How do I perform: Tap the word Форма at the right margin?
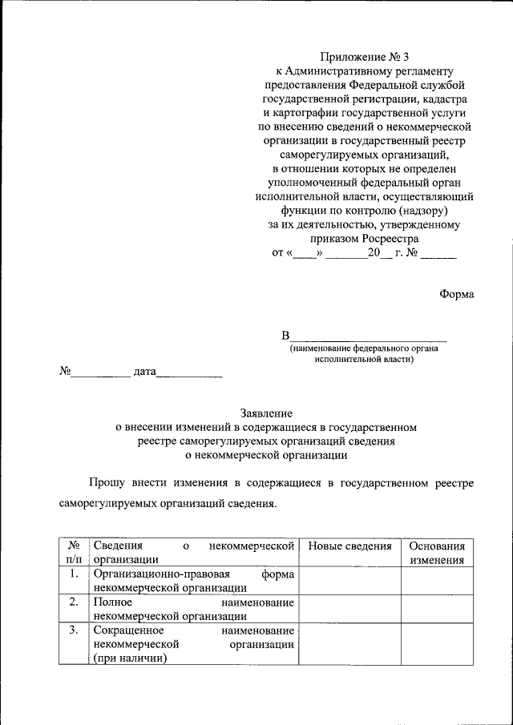456,294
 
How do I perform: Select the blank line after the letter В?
368,336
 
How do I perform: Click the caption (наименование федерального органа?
365,348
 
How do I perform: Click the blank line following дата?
188,373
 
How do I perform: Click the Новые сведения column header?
349,546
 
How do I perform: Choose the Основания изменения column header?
437,553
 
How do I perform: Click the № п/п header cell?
73,553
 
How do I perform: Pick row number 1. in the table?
73,574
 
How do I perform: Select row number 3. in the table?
73,630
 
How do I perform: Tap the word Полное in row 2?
112,602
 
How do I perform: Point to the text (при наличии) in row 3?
130,658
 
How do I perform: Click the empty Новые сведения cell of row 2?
349,609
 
